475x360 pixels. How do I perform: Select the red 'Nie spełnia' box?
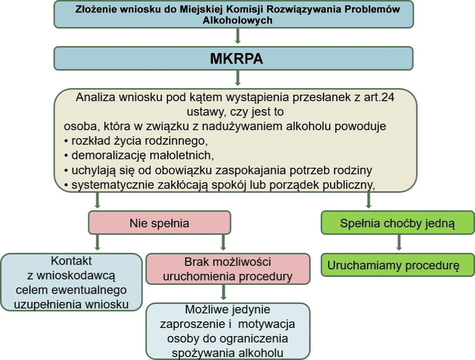point(159,223)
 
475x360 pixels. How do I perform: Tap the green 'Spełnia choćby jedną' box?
point(397,223)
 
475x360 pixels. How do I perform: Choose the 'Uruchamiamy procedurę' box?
point(397,265)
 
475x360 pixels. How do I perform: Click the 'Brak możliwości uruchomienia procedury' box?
point(228,269)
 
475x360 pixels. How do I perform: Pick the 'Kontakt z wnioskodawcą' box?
point(72,282)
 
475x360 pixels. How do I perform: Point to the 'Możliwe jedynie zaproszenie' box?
point(228,331)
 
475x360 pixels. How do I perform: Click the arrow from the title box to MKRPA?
point(238,37)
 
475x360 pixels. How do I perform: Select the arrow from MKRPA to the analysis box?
point(238,78)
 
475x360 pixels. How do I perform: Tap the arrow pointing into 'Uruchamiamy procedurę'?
point(399,243)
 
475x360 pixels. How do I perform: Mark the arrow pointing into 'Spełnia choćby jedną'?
point(368,200)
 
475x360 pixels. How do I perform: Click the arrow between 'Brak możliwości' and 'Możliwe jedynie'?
point(223,293)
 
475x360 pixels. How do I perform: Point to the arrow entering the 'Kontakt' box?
point(97,243)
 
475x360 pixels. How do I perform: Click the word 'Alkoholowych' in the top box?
point(238,21)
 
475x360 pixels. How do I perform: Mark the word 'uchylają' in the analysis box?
point(91,170)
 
